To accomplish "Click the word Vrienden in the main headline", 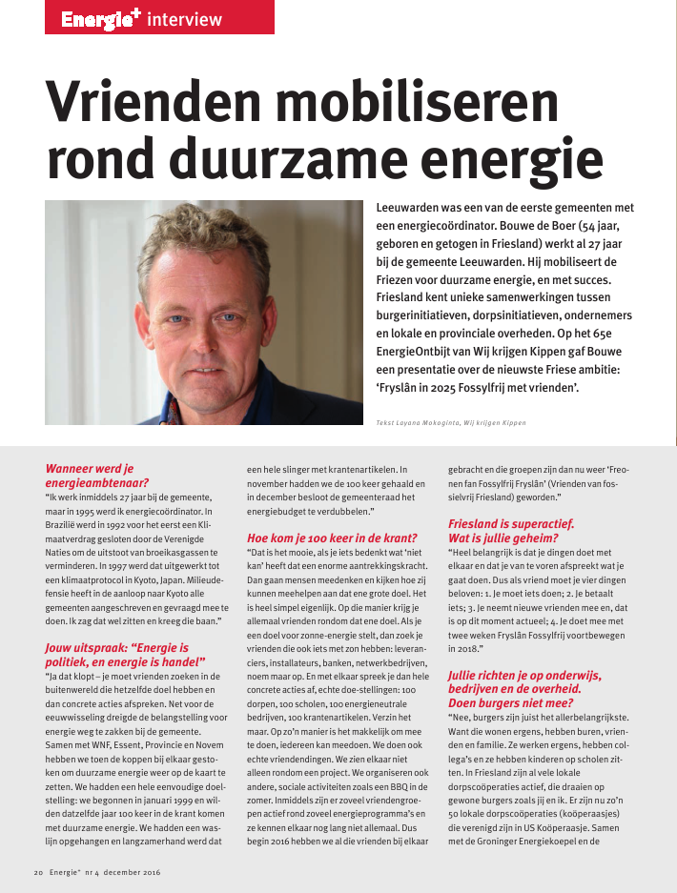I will pyautogui.click(x=171, y=98).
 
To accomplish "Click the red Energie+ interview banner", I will pyautogui.click(x=139, y=18).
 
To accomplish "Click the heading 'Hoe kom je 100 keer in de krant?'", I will pyautogui.click(x=331, y=538).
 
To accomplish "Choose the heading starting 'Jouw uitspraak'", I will pyautogui.click(x=125, y=655).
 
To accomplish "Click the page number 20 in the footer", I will pyautogui.click(x=38, y=871).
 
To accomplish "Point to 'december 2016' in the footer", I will pyautogui.click(x=133, y=871).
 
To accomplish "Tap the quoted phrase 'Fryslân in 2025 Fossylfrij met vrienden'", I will pyautogui.click(x=496, y=388).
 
